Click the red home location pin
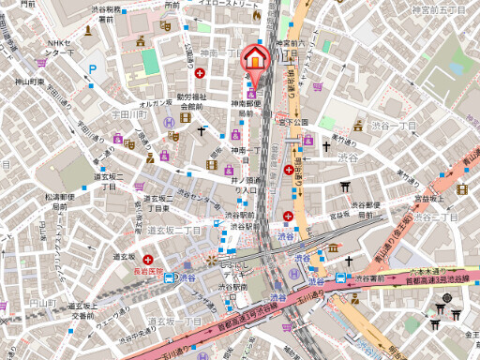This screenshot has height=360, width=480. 254,60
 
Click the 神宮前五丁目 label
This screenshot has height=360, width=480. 439,8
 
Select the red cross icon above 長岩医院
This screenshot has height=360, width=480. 147,260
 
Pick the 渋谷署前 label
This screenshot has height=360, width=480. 367,278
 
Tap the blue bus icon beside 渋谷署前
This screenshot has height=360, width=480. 341,278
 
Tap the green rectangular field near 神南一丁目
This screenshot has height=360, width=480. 150,62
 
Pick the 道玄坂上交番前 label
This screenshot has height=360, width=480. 82,310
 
